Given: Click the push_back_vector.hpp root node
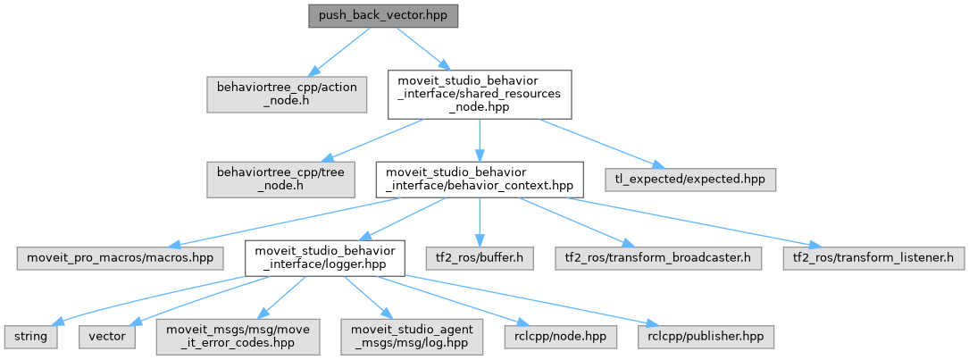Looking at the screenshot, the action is [383, 15].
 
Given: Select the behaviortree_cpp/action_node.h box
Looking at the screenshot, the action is [288, 94].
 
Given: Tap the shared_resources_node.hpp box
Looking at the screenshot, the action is [480, 94].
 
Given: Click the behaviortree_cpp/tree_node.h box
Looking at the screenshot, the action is [280, 180].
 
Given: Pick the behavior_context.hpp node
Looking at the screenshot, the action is [480, 180].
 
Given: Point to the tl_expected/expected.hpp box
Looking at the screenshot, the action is [689, 180].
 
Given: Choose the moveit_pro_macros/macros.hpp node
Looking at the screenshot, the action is [120, 258].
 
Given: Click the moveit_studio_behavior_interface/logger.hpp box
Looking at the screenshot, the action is [325, 258].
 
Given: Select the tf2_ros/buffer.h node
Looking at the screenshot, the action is [480, 258].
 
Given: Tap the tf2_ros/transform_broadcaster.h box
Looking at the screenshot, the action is [658, 258].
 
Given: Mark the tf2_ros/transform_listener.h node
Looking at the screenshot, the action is [873, 258].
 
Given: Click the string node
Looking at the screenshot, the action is [31, 337].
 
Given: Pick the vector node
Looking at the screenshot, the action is [107, 337].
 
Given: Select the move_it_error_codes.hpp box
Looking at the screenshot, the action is [238, 337].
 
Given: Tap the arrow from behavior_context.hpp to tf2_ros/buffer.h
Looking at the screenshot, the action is [480, 222].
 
